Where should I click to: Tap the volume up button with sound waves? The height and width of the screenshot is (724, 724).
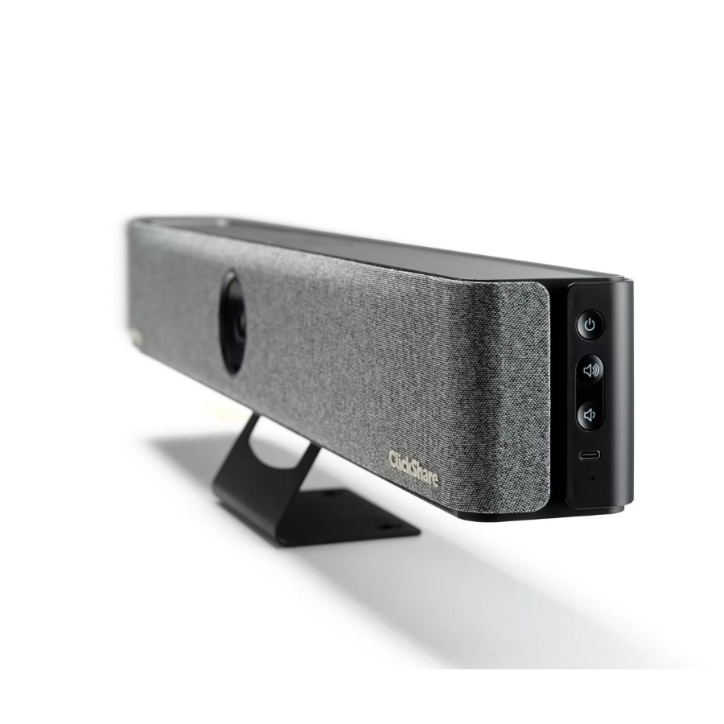[590, 370]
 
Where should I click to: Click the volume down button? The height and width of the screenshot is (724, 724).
[590, 414]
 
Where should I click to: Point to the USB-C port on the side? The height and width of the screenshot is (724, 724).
[590, 456]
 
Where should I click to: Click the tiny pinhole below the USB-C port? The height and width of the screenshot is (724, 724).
[592, 479]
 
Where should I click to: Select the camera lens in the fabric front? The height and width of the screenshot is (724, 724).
[233, 322]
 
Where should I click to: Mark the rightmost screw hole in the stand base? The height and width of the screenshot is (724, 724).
[386, 527]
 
